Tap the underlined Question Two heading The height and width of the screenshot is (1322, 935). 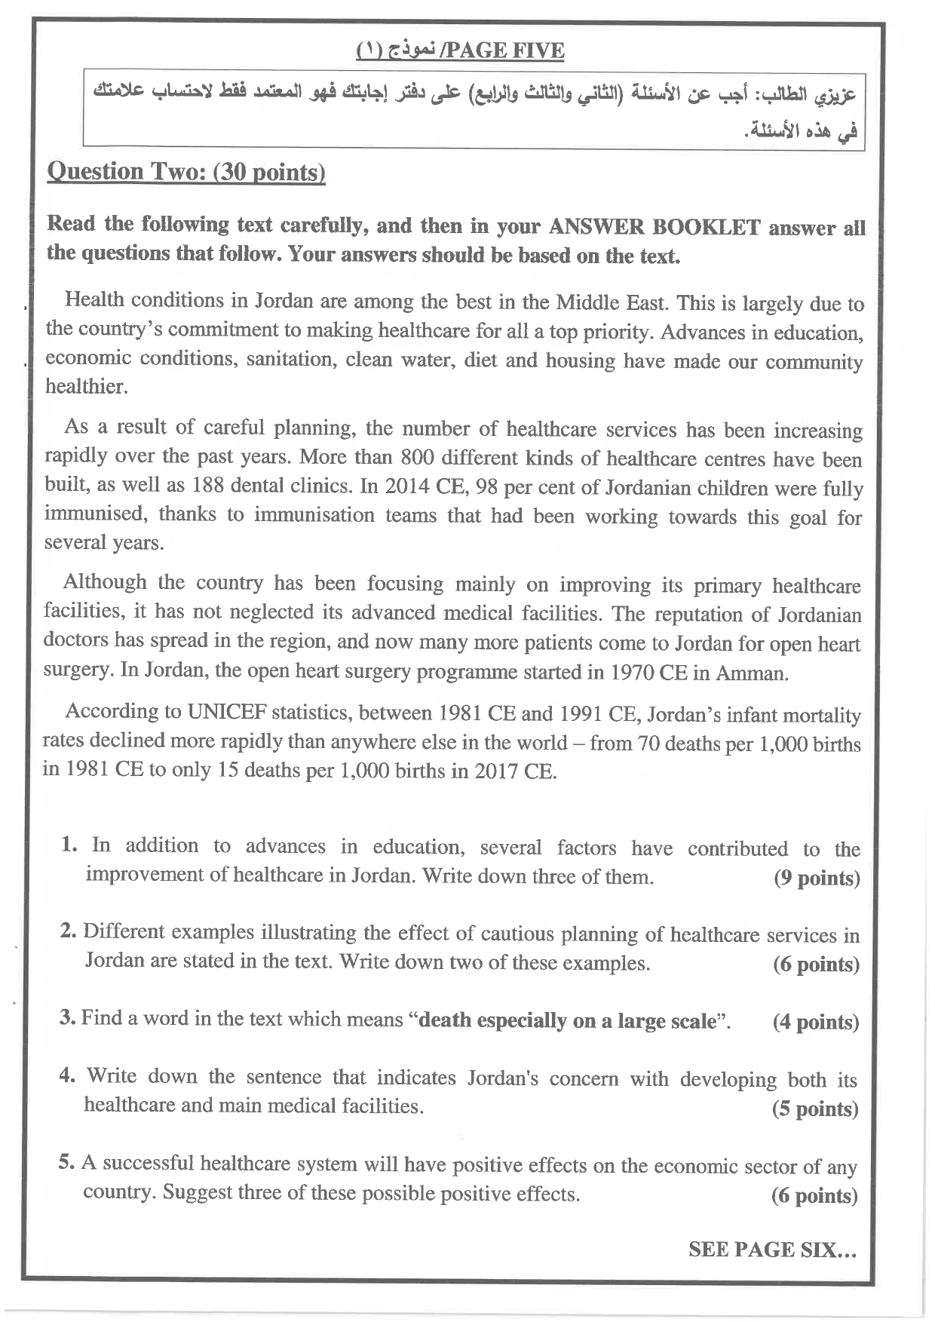(x=186, y=172)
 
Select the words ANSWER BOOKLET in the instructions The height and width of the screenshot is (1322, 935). (x=654, y=227)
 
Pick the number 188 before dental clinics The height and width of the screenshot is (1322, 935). (x=208, y=486)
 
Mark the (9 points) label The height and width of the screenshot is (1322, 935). (x=817, y=879)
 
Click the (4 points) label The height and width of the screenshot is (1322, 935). (x=816, y=1023)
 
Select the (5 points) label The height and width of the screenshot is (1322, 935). (x=815, y=1109)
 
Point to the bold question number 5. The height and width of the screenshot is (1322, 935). (x=66, y=1164)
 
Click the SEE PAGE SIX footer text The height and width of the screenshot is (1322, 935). (x=772, y=1250)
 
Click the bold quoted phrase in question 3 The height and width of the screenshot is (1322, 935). (x=566, y=1021)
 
